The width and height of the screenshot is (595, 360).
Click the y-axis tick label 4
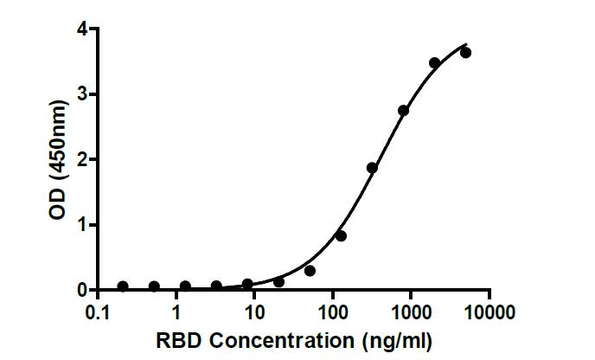click(80, 29)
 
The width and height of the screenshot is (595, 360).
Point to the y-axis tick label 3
click(80, 94)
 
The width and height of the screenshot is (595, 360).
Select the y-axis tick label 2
click(80, 159)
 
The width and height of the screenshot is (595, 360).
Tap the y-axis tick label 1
click(80, 225)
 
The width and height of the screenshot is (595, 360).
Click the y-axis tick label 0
click(80, 290)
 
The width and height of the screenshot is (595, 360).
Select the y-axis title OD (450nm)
click(57, 160)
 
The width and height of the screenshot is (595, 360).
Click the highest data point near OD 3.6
click(465, 53)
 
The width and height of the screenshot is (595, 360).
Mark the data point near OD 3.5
click(434, 62)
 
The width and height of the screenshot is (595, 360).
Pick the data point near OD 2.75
click(403, 110)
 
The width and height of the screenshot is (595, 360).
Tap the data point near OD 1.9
click(372, 168)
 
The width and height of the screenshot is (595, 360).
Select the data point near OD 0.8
click(341, 235)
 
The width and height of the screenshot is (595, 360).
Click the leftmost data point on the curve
click(123, 286)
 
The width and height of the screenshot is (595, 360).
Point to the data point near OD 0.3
click(310, 271)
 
